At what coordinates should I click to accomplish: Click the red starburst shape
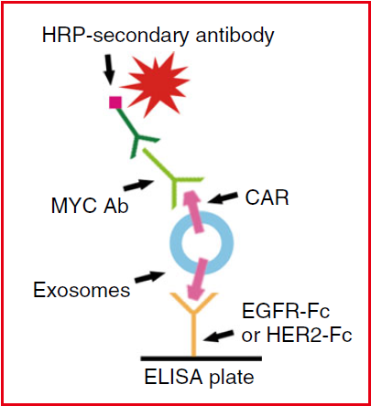tap(158, 84)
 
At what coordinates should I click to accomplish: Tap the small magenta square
tap(115, 102)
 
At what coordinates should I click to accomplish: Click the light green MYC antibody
tap(173, 179)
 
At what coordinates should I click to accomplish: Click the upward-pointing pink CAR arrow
tap(193, 211)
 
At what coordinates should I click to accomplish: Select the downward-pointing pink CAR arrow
tap(198, 278)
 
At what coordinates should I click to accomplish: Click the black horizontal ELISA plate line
tap(202, 358)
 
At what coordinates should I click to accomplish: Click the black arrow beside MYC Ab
tap(139, 185)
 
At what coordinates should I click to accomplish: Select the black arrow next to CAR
tap(223, 198)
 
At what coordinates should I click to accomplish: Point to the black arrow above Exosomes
tap(150, 277)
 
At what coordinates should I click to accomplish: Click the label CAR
tap(267, 198)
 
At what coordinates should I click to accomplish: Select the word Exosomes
tap(82, 290)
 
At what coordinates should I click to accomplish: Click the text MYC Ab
tap(90, 206)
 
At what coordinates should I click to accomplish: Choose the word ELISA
tap(173, 377)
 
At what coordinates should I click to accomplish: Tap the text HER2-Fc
tap(310, 335)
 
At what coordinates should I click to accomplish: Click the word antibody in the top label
tap(235, 36)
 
